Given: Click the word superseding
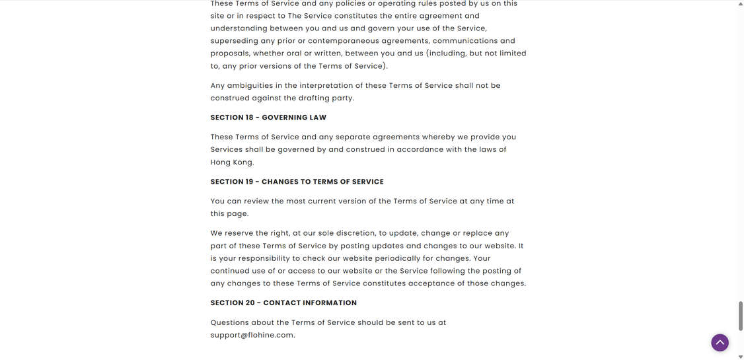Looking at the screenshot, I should pos(234,41).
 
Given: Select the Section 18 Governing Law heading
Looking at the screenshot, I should pos(268,118).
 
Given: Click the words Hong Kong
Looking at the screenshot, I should pos(231,162).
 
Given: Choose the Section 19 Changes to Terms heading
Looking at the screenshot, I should pos(297,182).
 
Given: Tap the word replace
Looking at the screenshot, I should pos(478,233).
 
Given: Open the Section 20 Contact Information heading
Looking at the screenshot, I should pos(283,303).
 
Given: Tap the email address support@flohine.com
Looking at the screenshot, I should pos(252,336).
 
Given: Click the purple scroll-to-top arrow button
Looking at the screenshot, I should pos(720,343).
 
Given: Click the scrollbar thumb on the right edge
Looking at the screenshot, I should pos(740,316).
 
